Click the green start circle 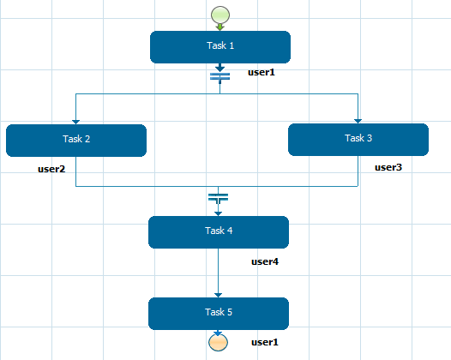point(220,15)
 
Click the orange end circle point(218,343)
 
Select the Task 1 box point(220,47)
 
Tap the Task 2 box point(76,141)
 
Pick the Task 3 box point(358,140)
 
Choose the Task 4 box point(219,232)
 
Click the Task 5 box point(219,314)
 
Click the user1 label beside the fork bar point(262,72)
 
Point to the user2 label point(51,169)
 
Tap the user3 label point(388,167)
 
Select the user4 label point(265,261)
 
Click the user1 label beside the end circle point(265,342)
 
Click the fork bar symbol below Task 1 point(220,77)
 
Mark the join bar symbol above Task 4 point(219,198)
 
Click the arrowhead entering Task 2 point(75,123)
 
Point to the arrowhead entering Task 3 point(358,122)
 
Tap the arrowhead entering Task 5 point(218,296)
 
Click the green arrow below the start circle point(220,27)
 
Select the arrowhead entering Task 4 point(218,214)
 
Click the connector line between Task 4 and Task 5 point(218,273)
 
